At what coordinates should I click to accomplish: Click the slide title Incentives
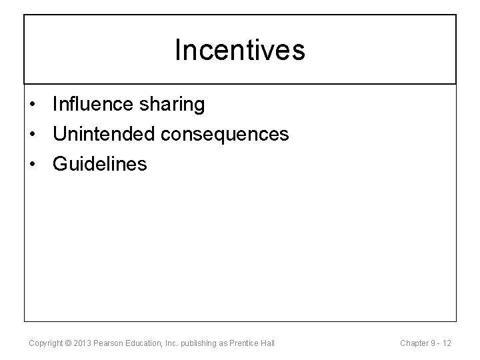point(240,50)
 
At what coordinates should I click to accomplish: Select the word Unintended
point(103,134)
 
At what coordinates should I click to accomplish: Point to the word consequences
point(225,135)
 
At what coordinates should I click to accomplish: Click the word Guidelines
point(99,163)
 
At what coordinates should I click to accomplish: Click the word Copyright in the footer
point(47,343)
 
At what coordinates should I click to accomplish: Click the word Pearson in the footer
point(110,343)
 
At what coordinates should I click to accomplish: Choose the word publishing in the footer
point(201,343)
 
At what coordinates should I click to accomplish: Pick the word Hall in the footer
point(268,343)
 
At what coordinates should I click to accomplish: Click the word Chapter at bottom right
point(414,343)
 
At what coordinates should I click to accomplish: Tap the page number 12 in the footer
point(446,343)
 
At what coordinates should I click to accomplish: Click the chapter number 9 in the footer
point(433,343)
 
